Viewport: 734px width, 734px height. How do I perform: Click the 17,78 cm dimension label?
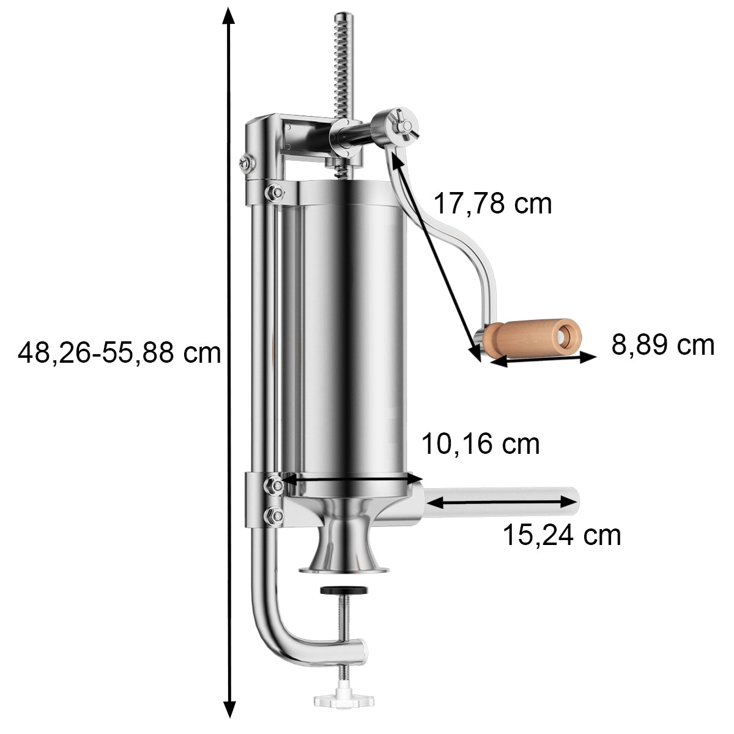[492, 204]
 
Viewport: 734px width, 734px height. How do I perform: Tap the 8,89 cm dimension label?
[662, 345]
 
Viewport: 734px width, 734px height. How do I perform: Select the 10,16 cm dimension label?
[480, 444]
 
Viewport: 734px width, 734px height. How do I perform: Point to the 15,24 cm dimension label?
[562, 536]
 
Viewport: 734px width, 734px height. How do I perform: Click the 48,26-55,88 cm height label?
[119, 353]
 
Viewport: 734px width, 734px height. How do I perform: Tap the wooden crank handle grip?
[532, 338]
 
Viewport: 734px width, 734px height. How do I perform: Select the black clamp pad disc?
[344, 590]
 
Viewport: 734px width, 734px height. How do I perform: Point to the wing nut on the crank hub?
[406, 125]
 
